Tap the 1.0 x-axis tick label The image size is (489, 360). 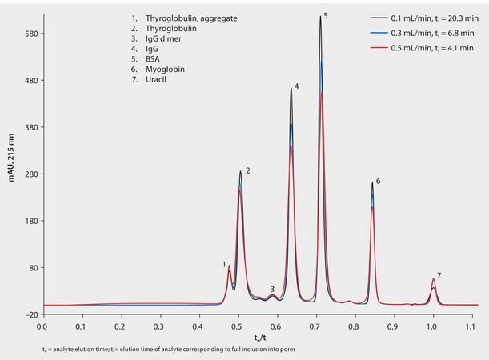click(x=432, y=327)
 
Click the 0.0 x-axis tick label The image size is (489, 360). click(x=42, y=327)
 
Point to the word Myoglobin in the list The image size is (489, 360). click(x=165, y=70)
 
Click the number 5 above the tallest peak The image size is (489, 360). click(x=326, y=15)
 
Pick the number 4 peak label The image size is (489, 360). click(x=297, y=86)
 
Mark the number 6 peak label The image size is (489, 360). click(x=378, y=182)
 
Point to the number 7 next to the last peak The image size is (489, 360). click(x=439, y=275)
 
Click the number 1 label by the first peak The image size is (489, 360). click(x=224, y=263)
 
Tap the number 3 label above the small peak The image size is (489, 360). click(x=272, y=289)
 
